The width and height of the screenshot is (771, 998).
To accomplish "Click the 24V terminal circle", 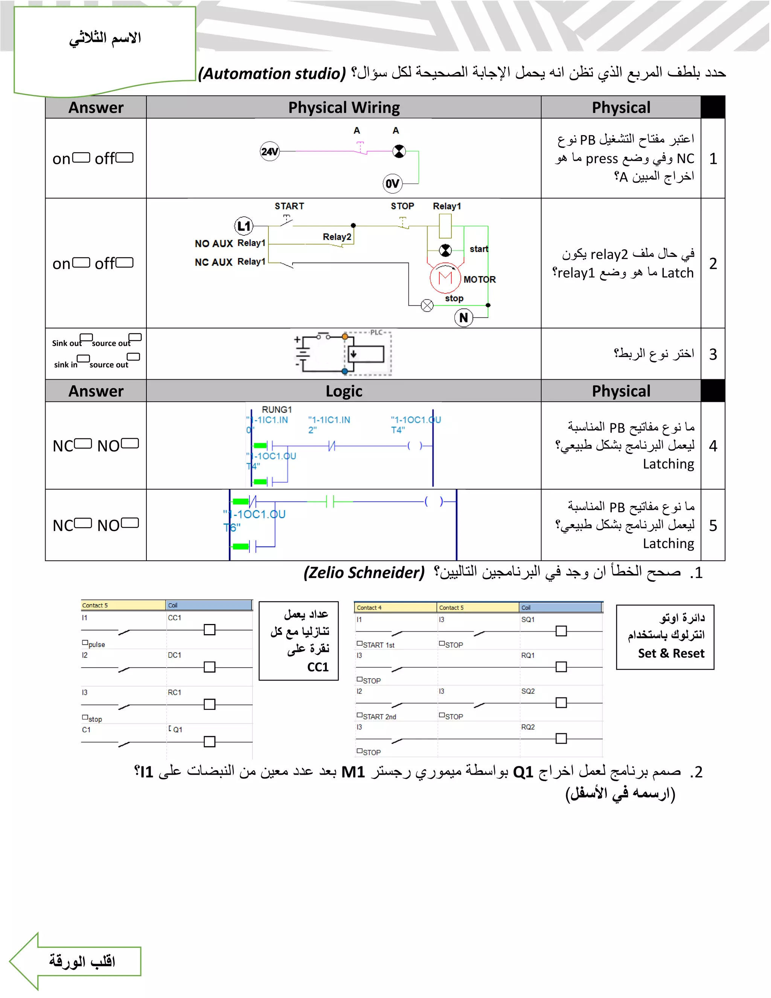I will [270, 151].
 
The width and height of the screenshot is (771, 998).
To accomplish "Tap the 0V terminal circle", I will [392, 184].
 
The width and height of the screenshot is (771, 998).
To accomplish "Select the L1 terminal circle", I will [244, 226].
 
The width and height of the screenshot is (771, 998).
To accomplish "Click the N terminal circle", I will [463, 317].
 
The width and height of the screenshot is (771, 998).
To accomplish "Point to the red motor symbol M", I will [445, 278].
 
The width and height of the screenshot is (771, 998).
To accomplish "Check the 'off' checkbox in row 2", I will [125, 262].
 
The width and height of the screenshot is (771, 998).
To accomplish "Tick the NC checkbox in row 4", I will [83, 444].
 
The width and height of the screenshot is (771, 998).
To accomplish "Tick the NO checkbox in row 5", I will [130, 523].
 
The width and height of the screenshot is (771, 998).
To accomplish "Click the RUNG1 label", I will [276, 409].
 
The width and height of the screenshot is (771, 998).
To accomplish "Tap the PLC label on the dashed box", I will [376, 332].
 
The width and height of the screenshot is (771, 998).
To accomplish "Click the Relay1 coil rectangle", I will [445, 226].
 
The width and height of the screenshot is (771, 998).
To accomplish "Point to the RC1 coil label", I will [174, 692].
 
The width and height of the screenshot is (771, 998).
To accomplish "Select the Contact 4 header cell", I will [395, 607].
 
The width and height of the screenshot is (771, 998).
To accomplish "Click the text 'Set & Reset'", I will [671, 653].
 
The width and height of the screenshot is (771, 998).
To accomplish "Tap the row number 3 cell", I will [713, 354].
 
